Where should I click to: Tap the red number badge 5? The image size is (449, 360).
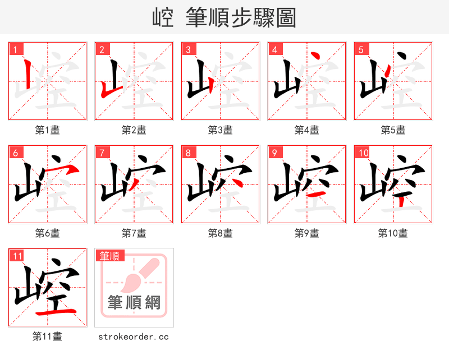361,49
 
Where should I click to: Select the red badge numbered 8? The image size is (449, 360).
188,153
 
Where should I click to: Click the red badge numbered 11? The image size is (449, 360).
17,256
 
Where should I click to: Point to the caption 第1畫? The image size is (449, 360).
47,130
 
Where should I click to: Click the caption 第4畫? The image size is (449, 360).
306,130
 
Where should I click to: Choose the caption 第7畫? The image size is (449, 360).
134,233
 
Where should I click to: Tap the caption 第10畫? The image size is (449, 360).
393,233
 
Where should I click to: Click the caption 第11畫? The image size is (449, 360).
47,336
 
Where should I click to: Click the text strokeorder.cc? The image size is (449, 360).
134,336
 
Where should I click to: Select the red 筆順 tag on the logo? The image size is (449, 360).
109,256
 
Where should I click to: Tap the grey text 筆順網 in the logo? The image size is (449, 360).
134,303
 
